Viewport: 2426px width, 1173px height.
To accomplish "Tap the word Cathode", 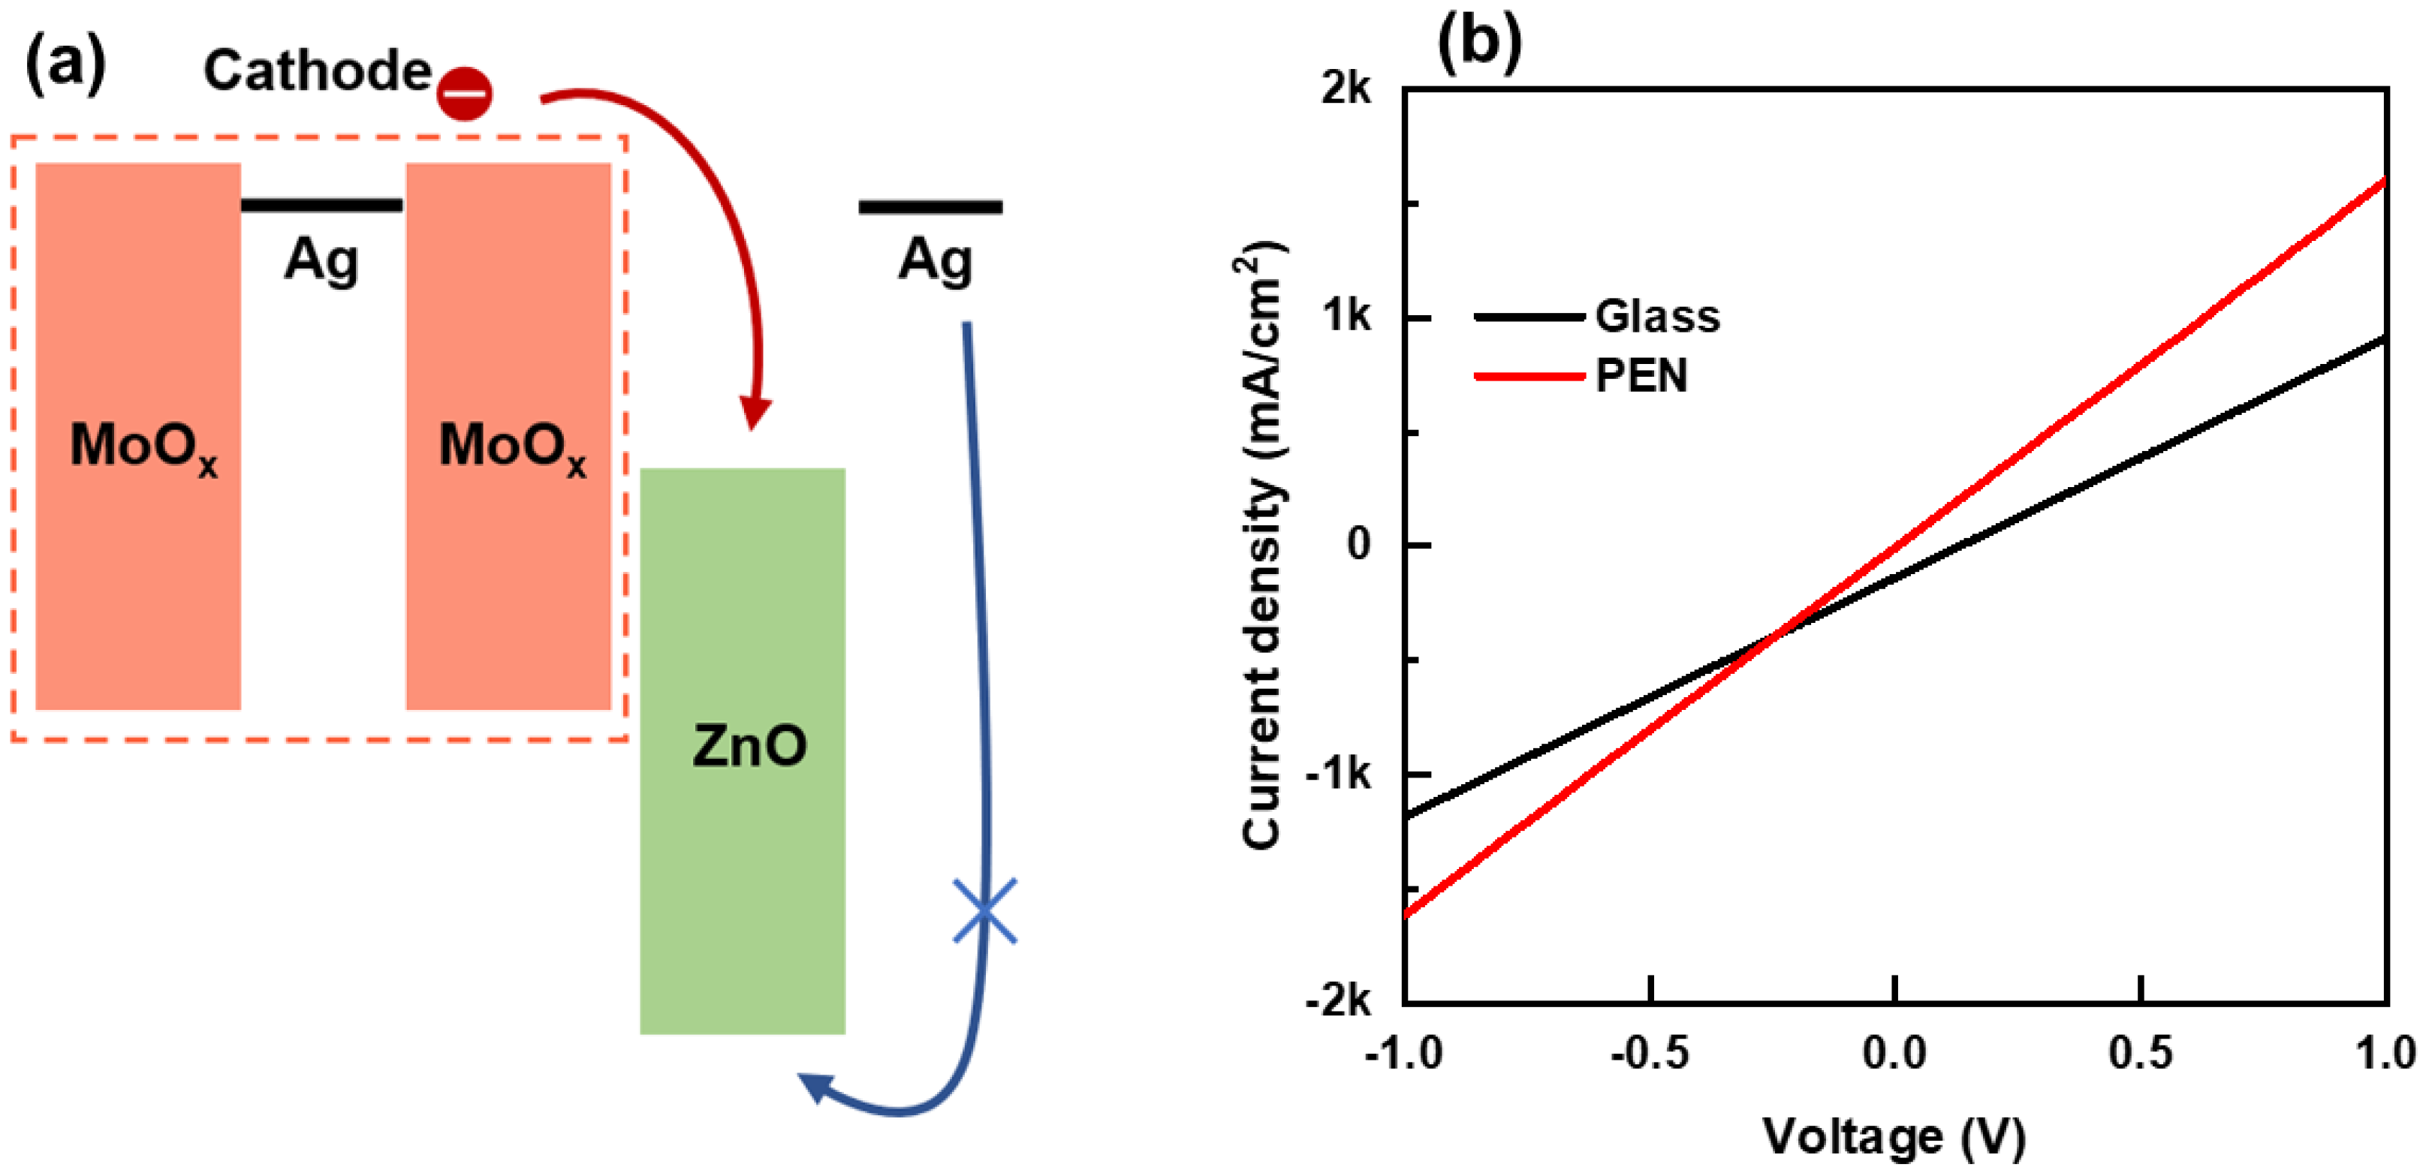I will click(318, 71).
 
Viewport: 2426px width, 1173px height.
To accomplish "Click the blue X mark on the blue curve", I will click(984, 910).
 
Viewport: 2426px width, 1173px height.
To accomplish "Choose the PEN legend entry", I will click(1641, 376).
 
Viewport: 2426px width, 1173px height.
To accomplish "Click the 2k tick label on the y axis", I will click(1345, 89).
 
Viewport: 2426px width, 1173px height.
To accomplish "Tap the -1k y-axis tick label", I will click(1337, 774).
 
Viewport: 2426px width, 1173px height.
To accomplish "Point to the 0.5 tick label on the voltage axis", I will click(2141, 1052).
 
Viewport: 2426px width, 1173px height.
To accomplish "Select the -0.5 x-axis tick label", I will click(1649, 1052).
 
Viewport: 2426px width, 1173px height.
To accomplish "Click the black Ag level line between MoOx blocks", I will click(322, 204).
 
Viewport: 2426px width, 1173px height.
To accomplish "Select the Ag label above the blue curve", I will click(934, 260).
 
